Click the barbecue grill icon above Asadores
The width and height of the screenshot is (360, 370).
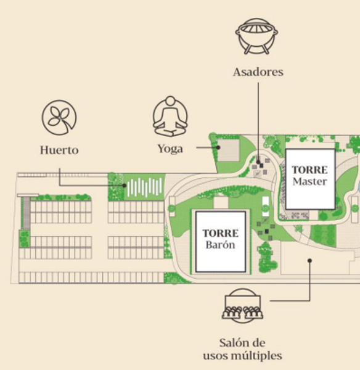tap(256, 36)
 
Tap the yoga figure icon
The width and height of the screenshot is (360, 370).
tap(170, 116)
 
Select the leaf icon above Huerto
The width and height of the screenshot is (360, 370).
tap(59, 117)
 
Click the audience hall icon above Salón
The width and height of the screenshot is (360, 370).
tap(242, 305)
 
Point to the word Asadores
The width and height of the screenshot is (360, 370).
tap(258, 72)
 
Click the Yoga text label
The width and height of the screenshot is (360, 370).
tap(170, 149)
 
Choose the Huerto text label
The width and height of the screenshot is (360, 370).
tap(59, 150)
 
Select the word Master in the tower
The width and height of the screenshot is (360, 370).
tap(309, 181)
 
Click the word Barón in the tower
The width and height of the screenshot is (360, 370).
tap(220, 245)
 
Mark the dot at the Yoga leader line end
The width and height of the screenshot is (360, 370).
tap(218, 147)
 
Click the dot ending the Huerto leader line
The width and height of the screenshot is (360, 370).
tap(125, 186)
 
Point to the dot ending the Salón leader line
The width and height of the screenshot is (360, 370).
tap(309, 260)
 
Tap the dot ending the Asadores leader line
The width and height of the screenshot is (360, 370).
tap(258, 162)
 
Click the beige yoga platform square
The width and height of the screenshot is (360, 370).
tap(228, 150)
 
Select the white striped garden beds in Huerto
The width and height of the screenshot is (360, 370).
tap(145, 187)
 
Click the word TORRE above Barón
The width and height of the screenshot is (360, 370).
tap(221, 233)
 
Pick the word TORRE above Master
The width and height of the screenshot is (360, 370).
tap(309, 170)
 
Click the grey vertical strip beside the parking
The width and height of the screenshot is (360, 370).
tap(26, 214)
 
